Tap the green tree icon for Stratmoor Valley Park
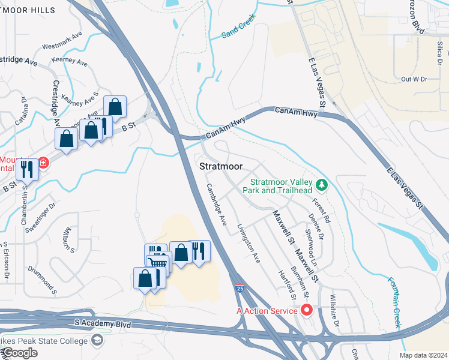[x=322, y=184]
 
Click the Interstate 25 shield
[x=240, y=290]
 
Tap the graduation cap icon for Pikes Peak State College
[x=96, y=341]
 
